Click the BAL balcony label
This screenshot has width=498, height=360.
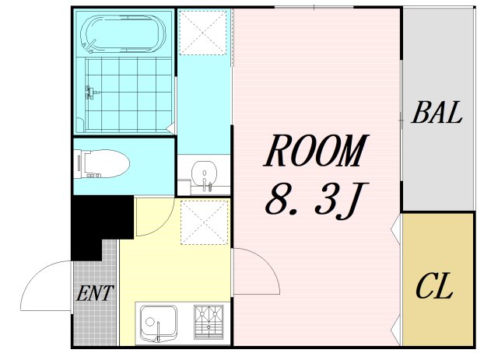pyautogui.click(x=437, y=114)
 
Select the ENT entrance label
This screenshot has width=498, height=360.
pyautogui.click(x=95, y=294)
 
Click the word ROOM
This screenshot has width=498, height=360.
pyautogui.click(x=315, y=152)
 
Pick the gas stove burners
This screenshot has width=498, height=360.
pyautogui.click(x=207, y=322)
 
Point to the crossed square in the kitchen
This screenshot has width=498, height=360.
pyautogui.click(x=204, y=221)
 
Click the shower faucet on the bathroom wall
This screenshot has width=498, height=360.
pyautogui.click(x=90, y=93)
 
